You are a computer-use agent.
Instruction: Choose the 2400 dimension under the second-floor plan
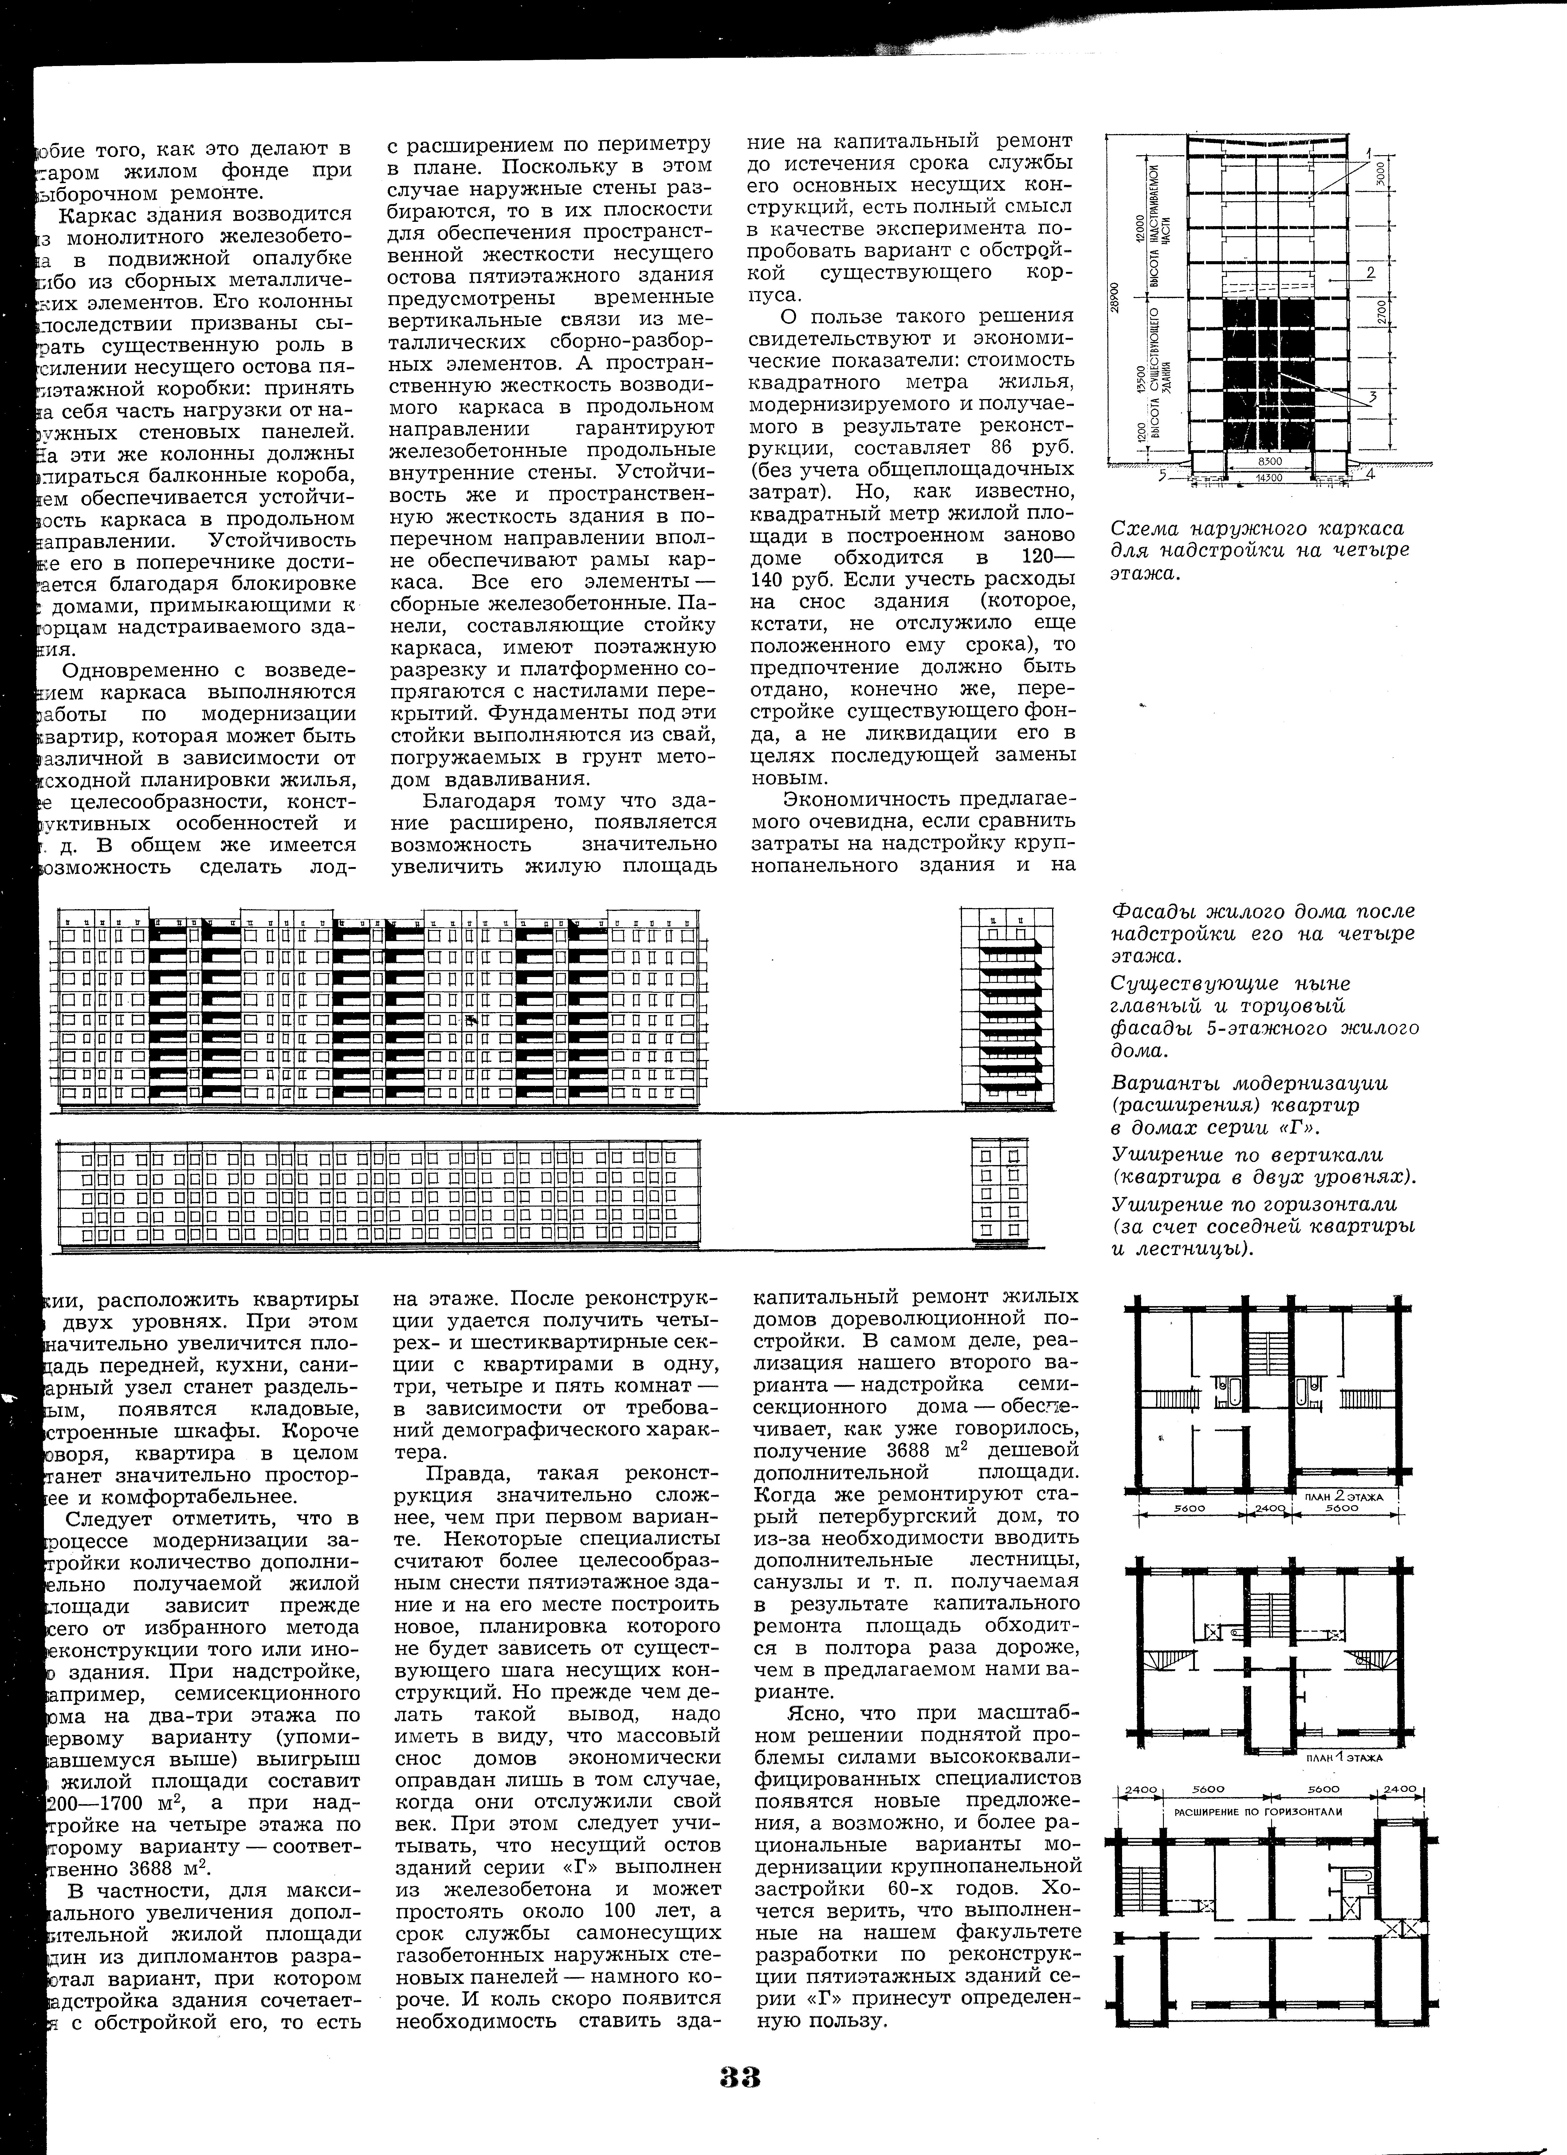coord(1269,1508)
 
